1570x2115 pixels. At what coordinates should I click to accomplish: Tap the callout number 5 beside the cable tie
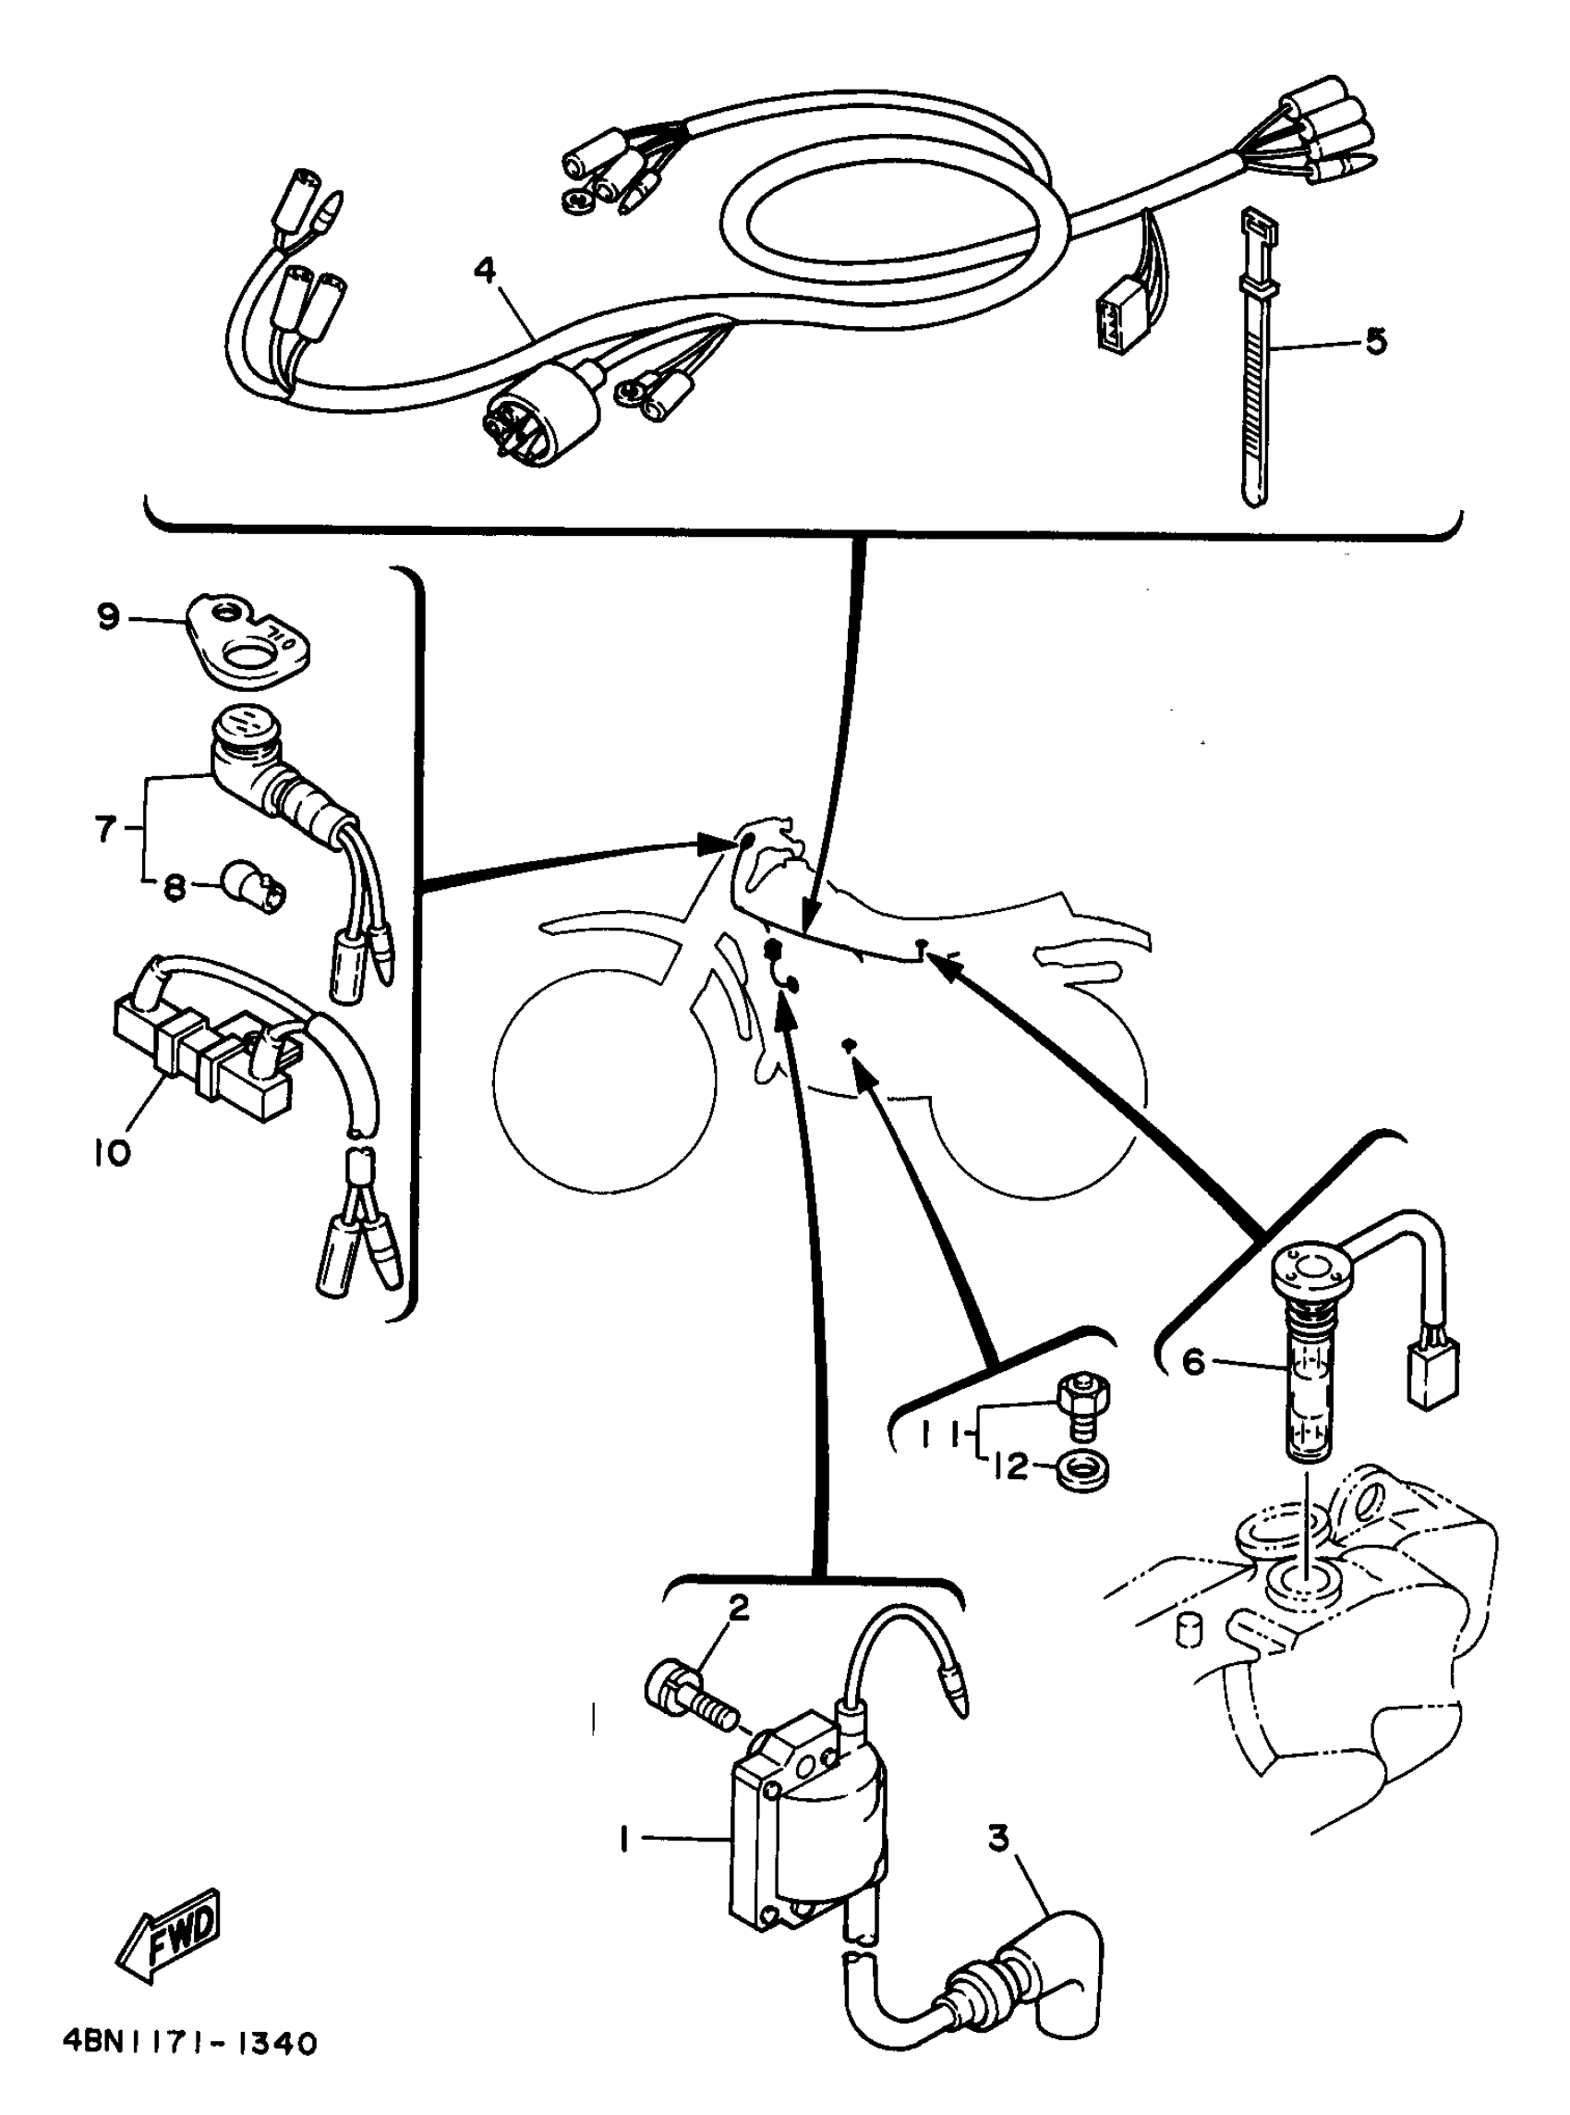click(1375, 340)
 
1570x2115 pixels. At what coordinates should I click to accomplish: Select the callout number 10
click(112, 1153)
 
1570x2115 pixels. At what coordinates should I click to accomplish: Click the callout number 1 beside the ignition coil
click(624, 1841)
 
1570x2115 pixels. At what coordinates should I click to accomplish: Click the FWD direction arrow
click(171, 1930)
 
